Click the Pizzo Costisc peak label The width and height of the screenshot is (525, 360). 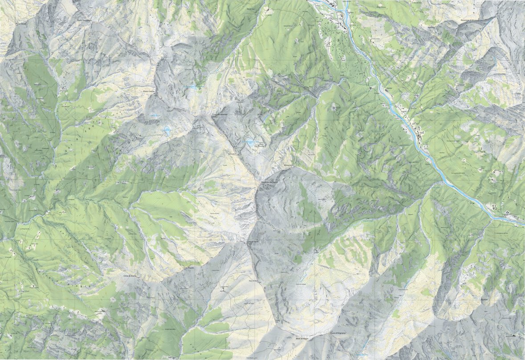coord(149,92)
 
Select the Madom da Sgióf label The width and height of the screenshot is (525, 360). coord(269,183)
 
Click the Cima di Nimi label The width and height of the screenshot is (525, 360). coord(252,242)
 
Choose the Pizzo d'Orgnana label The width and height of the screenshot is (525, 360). coord(338,333)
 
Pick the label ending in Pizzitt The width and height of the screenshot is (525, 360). coord(189,269)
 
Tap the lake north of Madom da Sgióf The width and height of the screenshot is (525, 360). coord(251,143)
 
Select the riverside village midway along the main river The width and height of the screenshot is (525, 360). coord(416,129)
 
